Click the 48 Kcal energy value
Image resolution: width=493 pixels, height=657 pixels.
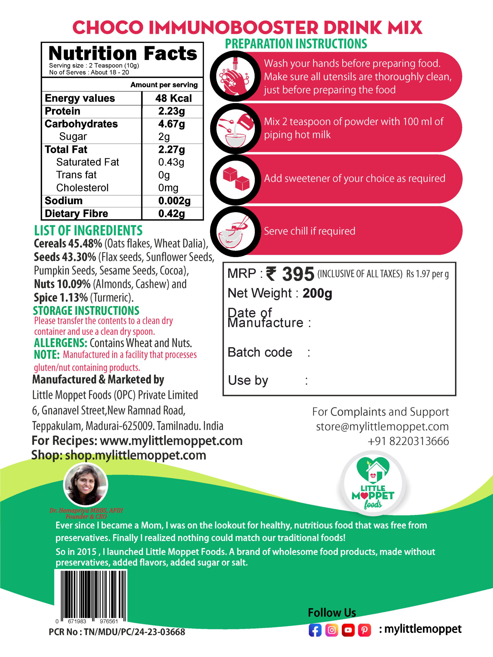coord(173,98)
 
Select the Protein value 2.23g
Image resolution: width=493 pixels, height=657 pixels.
coord(172,111)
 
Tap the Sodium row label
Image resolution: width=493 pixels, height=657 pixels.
coord(64,201)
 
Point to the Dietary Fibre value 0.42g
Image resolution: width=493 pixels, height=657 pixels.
coord(172,214)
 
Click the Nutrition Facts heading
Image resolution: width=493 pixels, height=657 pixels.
coord(123,54)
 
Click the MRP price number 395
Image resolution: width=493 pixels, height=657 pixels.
coord(298,274)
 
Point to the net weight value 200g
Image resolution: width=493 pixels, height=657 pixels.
coord(317,293)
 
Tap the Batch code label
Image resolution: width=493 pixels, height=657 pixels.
coord(260,353)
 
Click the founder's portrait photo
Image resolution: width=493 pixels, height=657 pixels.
coord(86,485)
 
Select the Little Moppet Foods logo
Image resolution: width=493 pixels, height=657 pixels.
coord(373,484)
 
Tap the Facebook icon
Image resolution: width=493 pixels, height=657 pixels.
coord(315,630)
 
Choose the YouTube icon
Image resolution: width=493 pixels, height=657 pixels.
coord(348,630)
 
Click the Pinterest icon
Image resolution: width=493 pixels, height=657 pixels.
coord(364,630)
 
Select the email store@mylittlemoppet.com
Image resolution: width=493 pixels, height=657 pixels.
coord(382,427)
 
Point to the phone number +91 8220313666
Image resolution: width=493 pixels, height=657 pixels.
coord(408,441)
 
